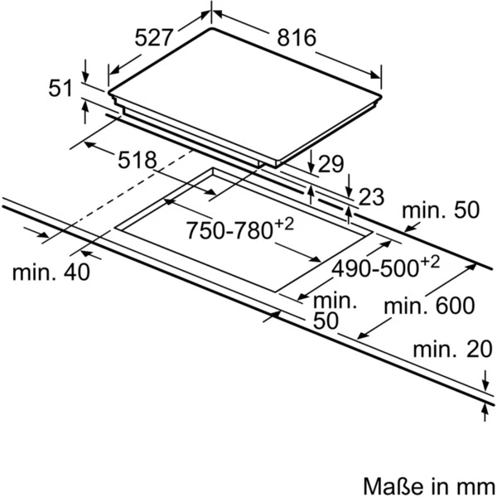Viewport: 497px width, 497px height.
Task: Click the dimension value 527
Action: tap(154, 37)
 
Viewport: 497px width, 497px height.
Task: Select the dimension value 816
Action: tap(297, 37)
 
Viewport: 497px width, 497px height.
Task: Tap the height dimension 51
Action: tap(60, 88)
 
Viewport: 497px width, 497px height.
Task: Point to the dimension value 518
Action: tap(138, 160)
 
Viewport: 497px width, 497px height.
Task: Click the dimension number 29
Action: tap(331, 163)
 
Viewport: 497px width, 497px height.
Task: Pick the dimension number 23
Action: tap(371, 196)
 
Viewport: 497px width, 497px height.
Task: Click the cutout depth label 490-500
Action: tap(375, 268)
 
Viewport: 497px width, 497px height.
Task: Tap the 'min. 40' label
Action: tap(51, 272)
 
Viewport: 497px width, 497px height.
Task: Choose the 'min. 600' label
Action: tap(429, 306)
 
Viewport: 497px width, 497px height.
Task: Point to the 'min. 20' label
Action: tap(452, 349)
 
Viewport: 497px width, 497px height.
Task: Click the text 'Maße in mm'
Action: tap(429, 485)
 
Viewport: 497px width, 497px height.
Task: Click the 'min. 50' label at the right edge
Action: tap(441, 210)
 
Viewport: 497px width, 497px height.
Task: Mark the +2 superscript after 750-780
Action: tap(284, 224)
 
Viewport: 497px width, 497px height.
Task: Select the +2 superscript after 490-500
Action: tap(430, 263)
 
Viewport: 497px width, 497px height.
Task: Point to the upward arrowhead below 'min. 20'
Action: tap(485, 409)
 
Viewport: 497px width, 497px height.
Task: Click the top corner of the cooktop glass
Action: tap(211, 28)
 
